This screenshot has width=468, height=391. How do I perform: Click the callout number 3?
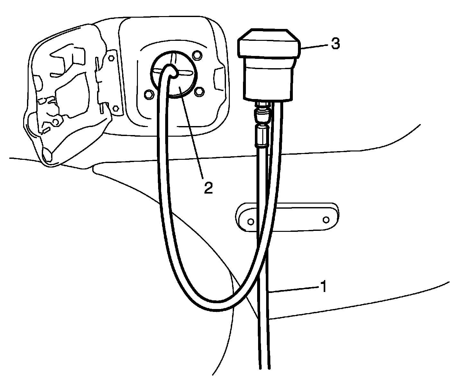tap(335, 44)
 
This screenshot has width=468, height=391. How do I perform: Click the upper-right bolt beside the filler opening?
tap(196, 57)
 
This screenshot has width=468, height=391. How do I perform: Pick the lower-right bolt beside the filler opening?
tap(199, 92)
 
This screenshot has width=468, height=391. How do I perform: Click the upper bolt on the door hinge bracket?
tap(111, 58)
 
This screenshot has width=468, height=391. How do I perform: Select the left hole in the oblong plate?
tap(251, 222)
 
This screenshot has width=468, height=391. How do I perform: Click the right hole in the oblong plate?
tap(326, 220)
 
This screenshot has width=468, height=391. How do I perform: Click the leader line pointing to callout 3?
tap(313, 46)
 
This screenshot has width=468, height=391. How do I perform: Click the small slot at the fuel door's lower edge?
tap(46, 130)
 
